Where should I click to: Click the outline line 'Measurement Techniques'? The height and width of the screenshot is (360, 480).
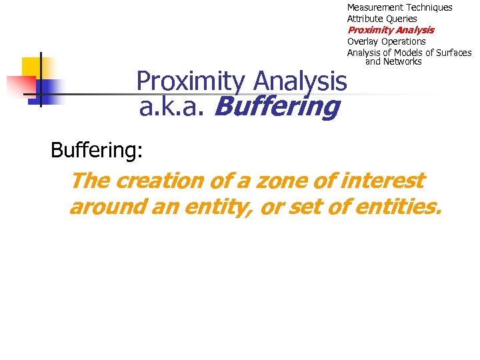point(399,7)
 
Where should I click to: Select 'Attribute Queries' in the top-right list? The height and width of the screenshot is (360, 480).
point(382,19)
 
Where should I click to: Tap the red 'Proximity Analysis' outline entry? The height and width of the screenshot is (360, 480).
point(391,30)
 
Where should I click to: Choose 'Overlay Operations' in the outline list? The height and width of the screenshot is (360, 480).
point(386,41)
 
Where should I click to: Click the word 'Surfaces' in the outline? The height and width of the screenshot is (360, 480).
point(453,53)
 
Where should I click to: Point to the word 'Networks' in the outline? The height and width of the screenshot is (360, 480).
point(402,62)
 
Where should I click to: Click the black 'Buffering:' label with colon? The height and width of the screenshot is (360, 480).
point(97,150)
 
